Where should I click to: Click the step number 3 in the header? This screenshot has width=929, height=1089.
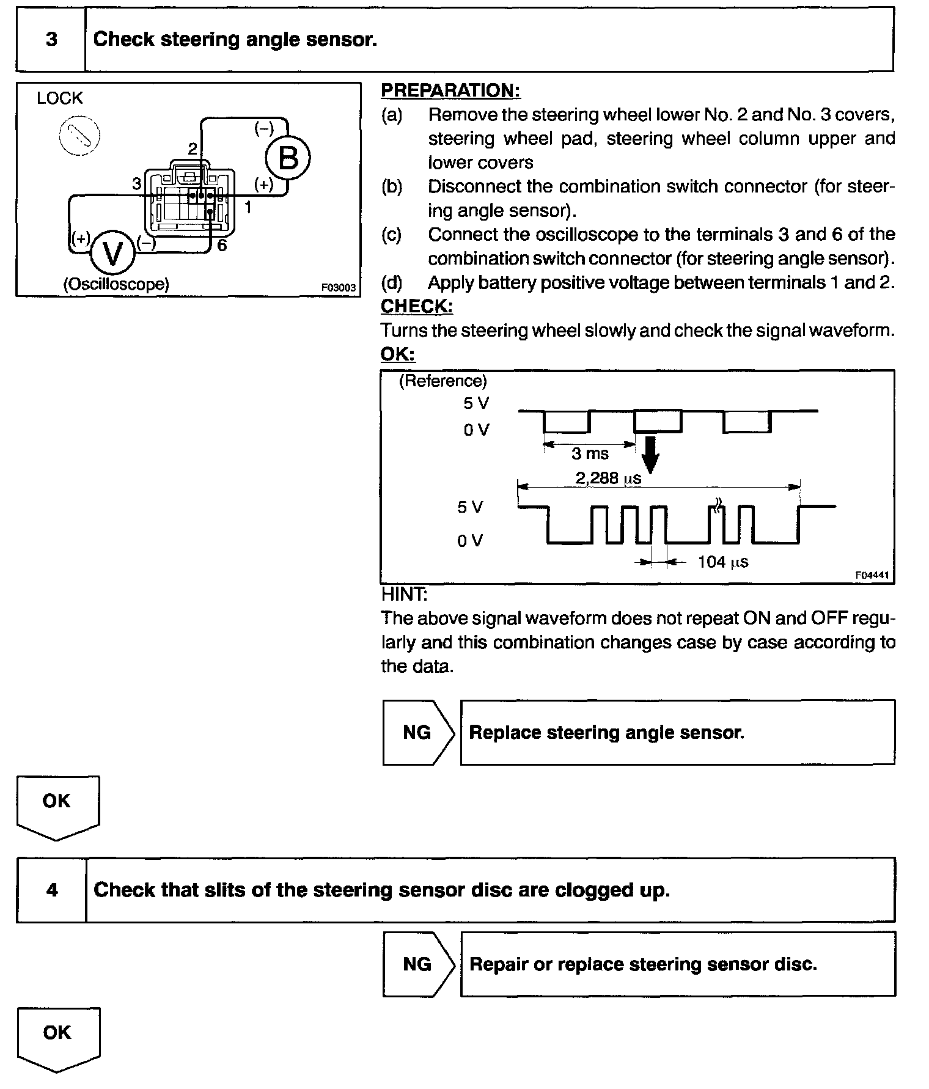(51, 40)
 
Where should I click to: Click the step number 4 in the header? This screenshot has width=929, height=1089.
(52, 889)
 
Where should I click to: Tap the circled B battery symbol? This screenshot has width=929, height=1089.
(288, 158)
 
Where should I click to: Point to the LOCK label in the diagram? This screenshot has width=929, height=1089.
(59, 98)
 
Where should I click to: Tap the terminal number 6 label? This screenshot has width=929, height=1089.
(222, 246)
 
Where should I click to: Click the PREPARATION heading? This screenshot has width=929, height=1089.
(450, 90)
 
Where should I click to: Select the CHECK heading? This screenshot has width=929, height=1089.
(416, 306)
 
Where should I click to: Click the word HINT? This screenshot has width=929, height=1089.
(404, 594)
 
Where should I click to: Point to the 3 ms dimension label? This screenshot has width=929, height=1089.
(590, 453)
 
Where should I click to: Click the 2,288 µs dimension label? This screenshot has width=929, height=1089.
(608, 478)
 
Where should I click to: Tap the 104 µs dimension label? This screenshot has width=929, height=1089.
(723, 562)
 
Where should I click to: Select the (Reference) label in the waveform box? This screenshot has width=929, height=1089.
(442, 381)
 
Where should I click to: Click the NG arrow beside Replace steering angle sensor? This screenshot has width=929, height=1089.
(418, 732)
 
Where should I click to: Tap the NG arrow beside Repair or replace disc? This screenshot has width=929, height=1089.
(418, 964)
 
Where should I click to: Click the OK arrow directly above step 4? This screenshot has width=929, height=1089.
(57, 805)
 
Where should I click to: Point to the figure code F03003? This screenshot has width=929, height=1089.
(338, 287)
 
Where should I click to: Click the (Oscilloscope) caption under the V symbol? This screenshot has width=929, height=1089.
(116, 284)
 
